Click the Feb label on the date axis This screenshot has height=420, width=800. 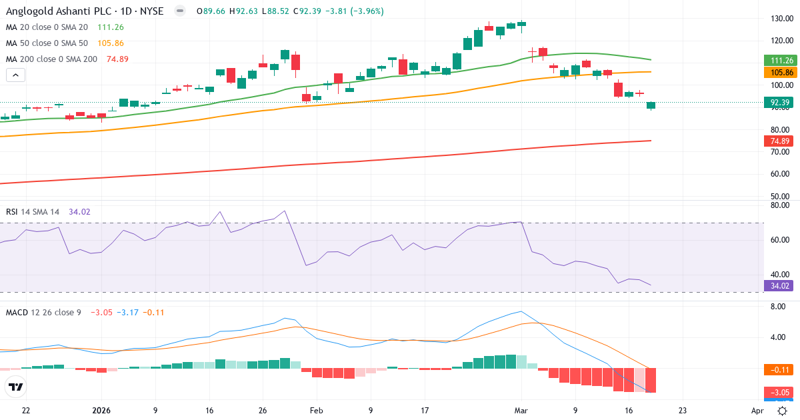317,411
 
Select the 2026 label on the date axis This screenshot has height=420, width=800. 101,411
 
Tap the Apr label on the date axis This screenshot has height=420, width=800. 757,411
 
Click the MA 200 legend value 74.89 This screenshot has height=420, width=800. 117,59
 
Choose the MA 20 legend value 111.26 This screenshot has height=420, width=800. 110,27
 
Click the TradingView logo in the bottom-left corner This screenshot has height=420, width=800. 16,387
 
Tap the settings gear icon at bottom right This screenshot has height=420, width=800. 783,411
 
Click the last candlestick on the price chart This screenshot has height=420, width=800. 651,105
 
